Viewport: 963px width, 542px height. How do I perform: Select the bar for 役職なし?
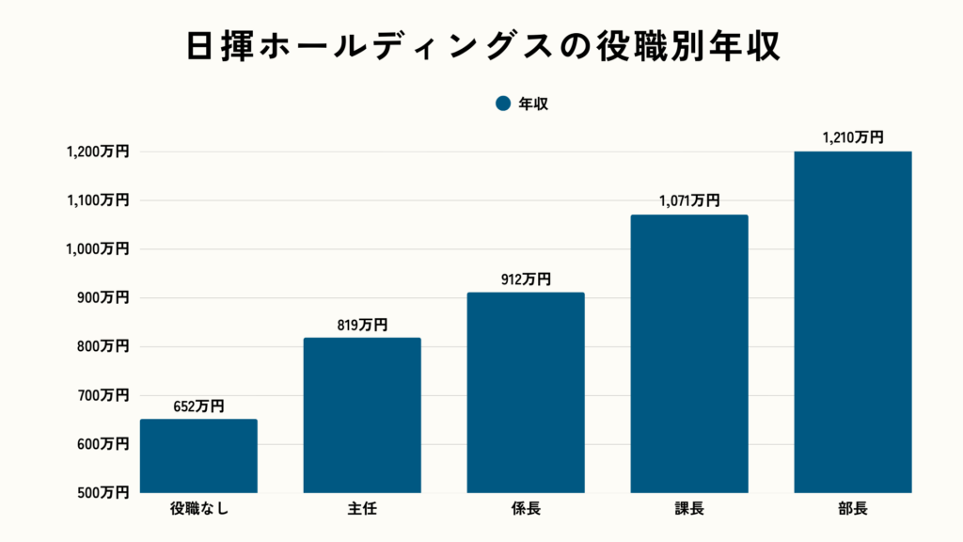coord(198,455)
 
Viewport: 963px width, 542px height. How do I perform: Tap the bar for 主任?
coord(362,415)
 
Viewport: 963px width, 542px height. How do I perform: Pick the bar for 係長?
coord(526,392)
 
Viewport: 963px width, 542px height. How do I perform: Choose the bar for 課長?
coord(689,354)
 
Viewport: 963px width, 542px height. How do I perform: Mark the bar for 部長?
coord(853,322)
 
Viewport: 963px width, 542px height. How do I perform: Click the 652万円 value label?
coord(198,406)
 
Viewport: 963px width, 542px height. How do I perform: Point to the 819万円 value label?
coord(362,326)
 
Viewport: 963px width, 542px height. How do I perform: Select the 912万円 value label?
coord(526,279)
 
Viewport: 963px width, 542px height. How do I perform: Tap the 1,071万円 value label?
coord(689,201)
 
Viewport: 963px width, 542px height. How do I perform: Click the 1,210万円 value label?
coord(853,137)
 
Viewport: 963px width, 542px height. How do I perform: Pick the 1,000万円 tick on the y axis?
coord(98,249)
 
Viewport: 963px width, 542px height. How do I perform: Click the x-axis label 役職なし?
coord(198,511)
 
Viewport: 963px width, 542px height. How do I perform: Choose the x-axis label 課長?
coord(689,511)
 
